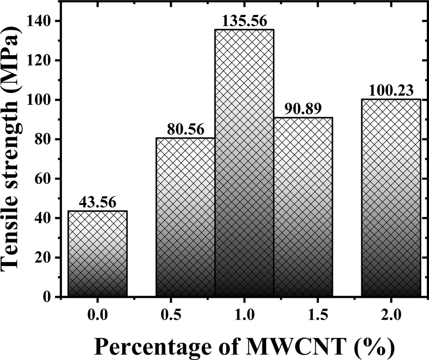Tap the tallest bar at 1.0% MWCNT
pyautogui.click(x=244, y=163)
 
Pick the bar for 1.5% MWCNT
pyautogui.click(x=303, y=207)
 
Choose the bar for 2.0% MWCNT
pyautogui.click(x=391, y=198)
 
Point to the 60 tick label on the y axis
pyautogui.click(x=44, y=179)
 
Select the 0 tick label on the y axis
pyautogui.click(x=48, y=297)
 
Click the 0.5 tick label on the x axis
pyautogui.click(x=185, y=315)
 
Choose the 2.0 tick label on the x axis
pyautogui.click(x=391, y=315)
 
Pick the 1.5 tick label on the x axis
pyautogui.click(x=303, y=315)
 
